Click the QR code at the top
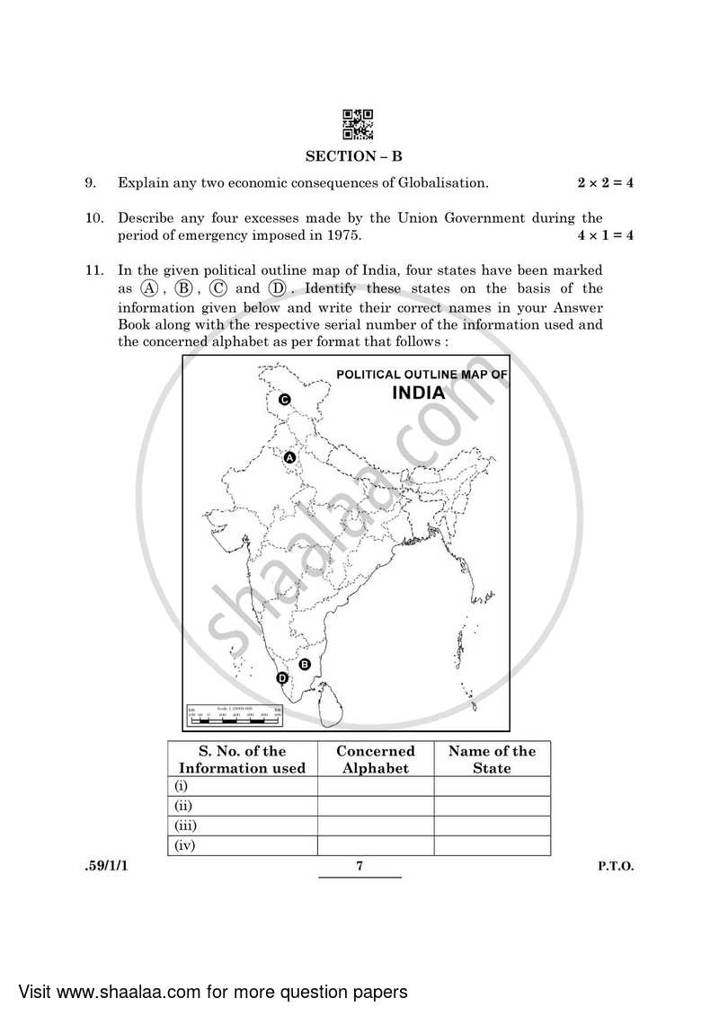pos(358,126)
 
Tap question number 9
pos(90,183)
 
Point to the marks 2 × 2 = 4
pos(605,183)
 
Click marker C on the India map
pos(284,400)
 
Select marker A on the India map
pos(289,458)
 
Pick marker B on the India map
pos(304,664)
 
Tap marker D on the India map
pos(282,678)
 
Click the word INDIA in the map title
pos(418,393)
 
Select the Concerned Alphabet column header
pos(376,759)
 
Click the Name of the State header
pos(492,759)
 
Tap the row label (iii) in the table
pos(186,826)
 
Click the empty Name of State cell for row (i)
pos(492,786)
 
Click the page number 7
pos(359,866)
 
